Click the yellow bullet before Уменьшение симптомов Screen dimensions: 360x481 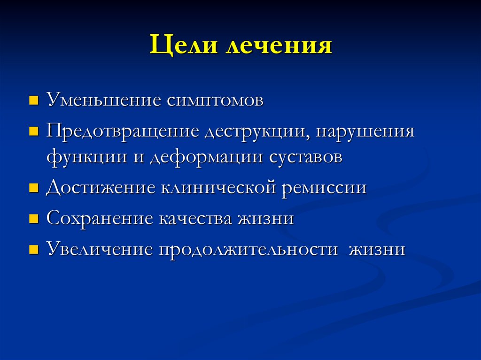click(33, 101)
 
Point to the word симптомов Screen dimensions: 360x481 click(214, 101)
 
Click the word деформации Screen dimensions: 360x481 click(207, 157)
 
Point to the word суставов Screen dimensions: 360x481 click(306, 157)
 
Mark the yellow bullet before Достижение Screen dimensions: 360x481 click(33, 188)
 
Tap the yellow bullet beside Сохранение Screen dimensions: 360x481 click(33, 219)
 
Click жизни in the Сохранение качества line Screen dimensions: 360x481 click(266, 219)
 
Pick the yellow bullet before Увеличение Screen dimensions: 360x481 click(33, 249)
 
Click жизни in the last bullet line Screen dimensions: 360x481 click(377, 249)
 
